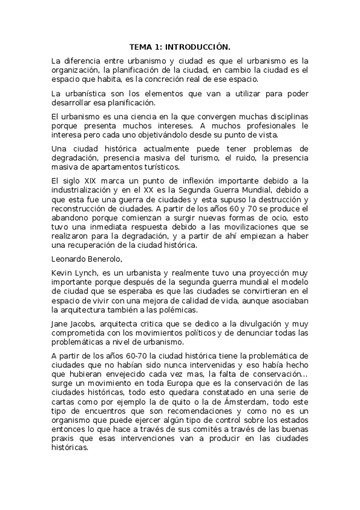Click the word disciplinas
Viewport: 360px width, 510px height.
pos(284,116)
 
